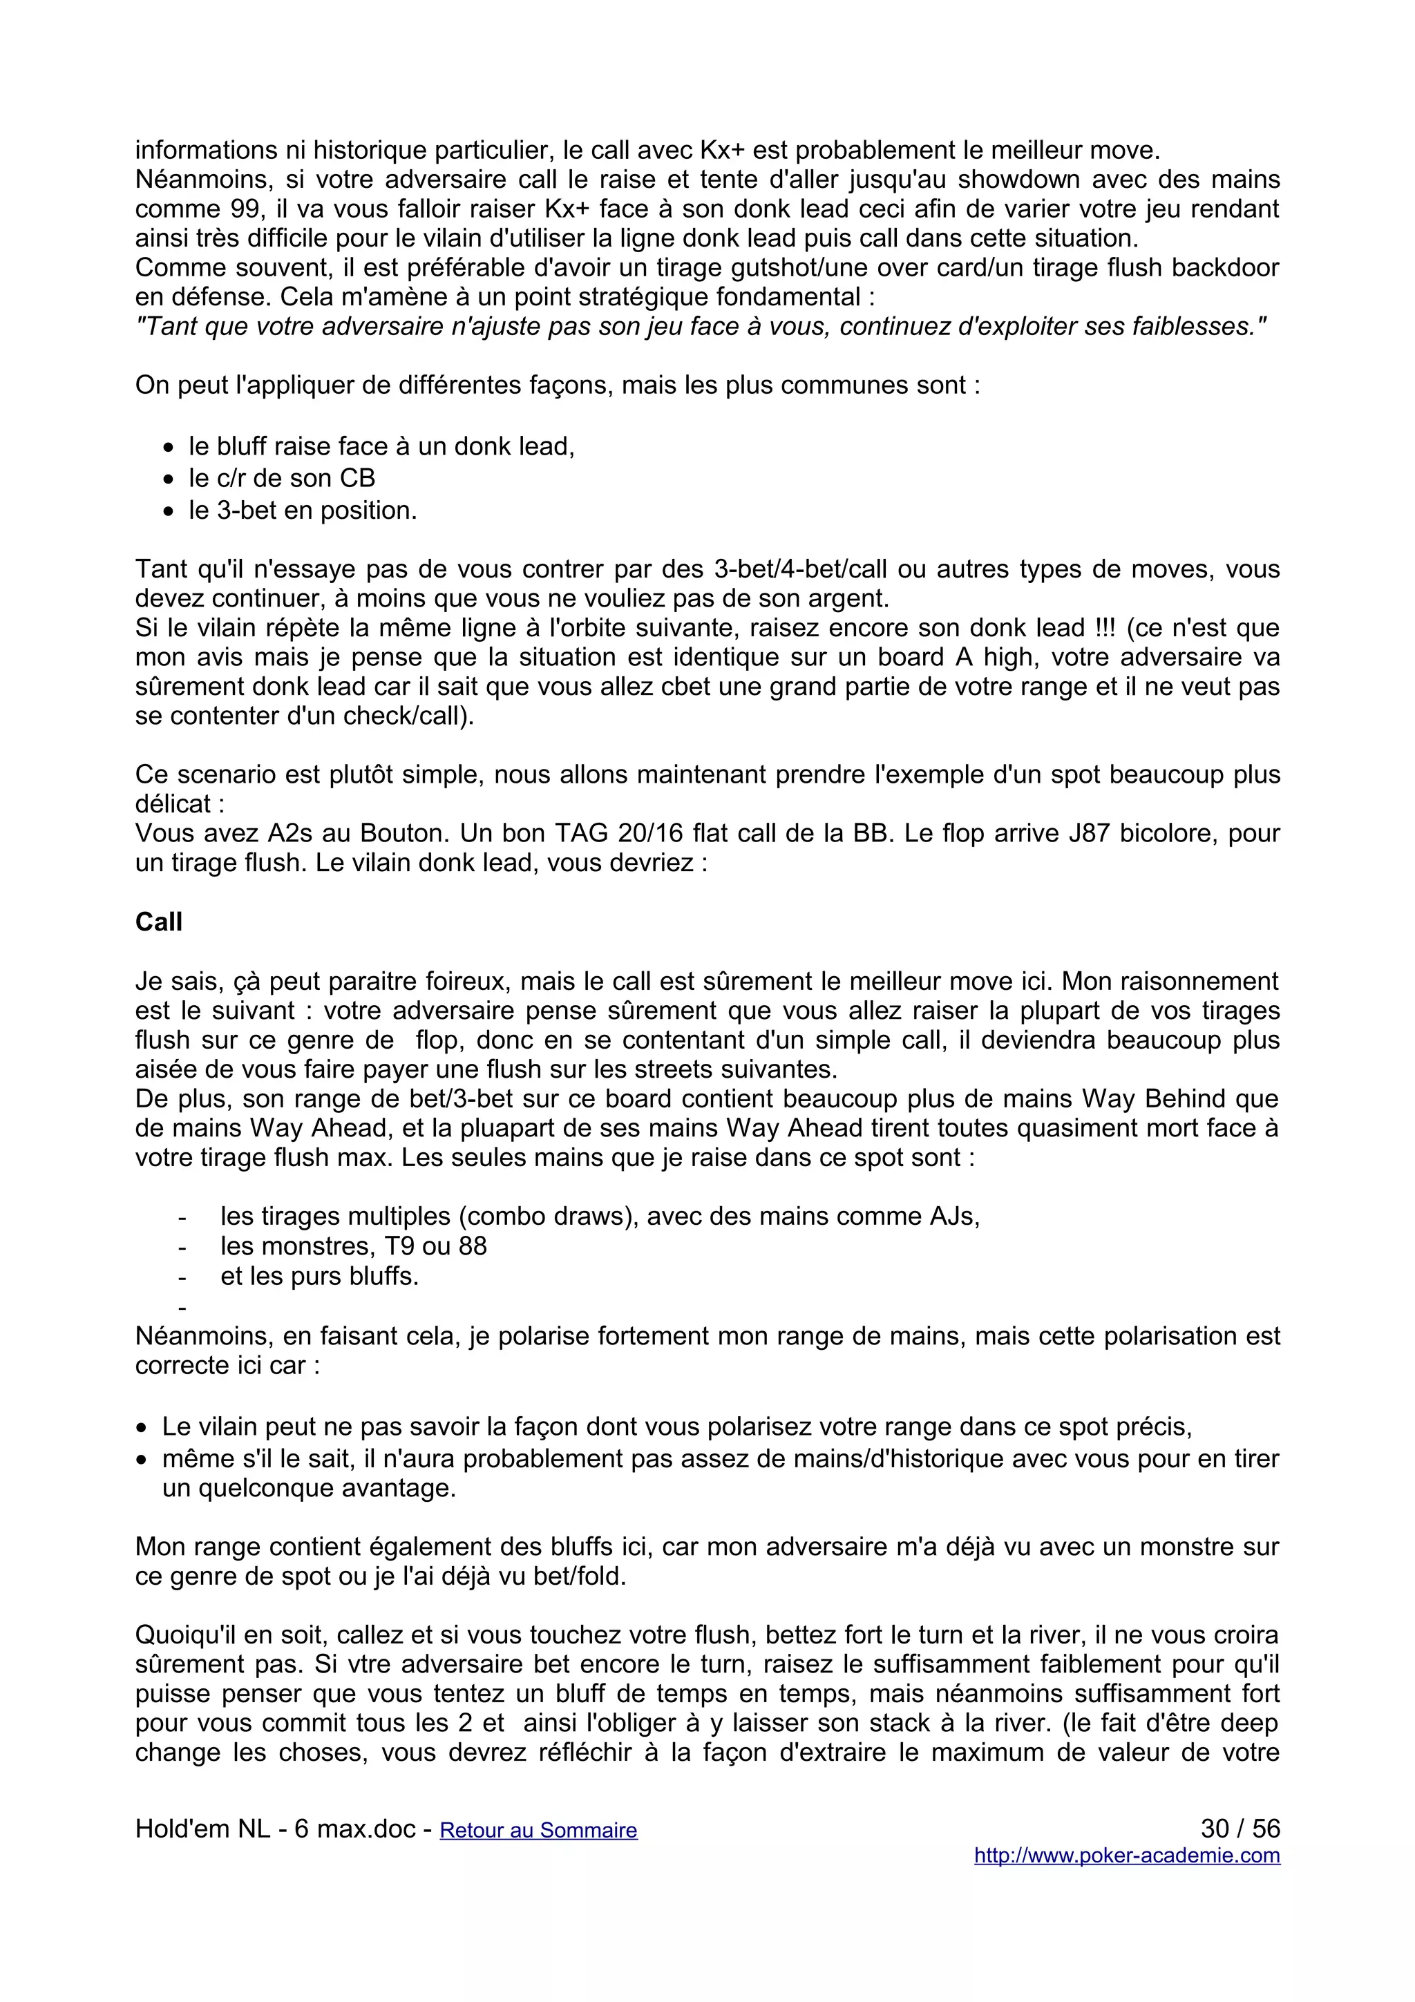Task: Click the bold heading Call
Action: tap(159, 922)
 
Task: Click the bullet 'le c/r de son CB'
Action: tap(282, 478)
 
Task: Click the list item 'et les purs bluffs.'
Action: tap(319, 1276)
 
